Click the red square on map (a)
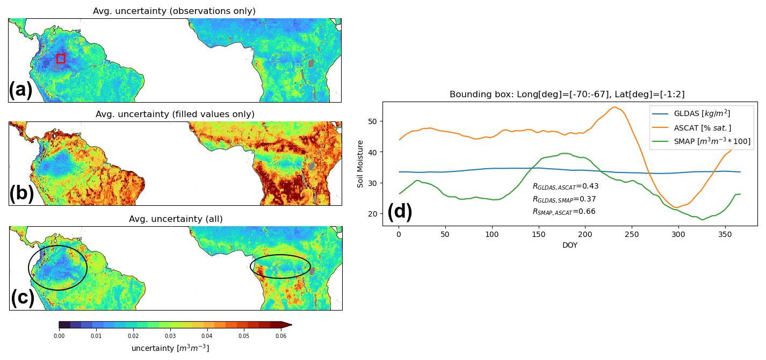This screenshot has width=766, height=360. point(61,58)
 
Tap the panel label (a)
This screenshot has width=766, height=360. point(20,90)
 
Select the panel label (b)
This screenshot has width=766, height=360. point(21,193)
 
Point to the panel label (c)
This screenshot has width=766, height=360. point(23,297)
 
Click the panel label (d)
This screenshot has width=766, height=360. point(400,212)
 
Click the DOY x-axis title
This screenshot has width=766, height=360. point(570,245)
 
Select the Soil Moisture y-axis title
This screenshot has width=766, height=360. point(360,164)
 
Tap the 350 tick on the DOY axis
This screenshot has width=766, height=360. point(725,235)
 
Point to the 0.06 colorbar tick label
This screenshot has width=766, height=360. point(281,336)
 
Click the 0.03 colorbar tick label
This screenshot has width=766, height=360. point(170,336)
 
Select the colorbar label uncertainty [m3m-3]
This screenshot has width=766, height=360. point(170,348)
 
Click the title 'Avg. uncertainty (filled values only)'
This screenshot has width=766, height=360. point(175,114)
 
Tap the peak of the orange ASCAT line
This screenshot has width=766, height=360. point(614,107)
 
